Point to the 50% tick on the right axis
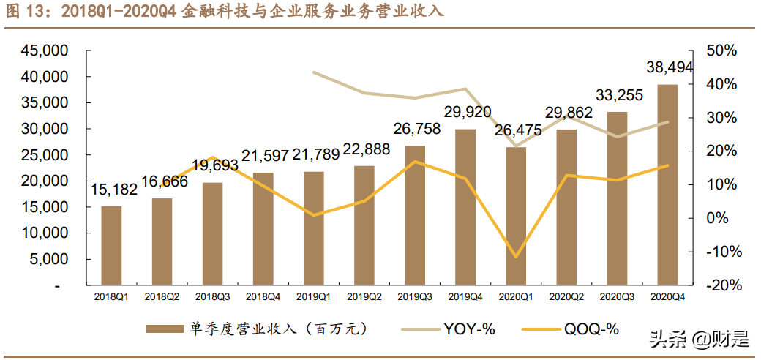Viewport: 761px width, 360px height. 722,51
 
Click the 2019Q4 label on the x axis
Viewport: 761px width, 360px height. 465,297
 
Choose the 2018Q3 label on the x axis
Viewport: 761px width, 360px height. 212,297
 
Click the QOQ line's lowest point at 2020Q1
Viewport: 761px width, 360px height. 516,257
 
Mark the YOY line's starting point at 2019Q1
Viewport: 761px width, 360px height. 313,72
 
